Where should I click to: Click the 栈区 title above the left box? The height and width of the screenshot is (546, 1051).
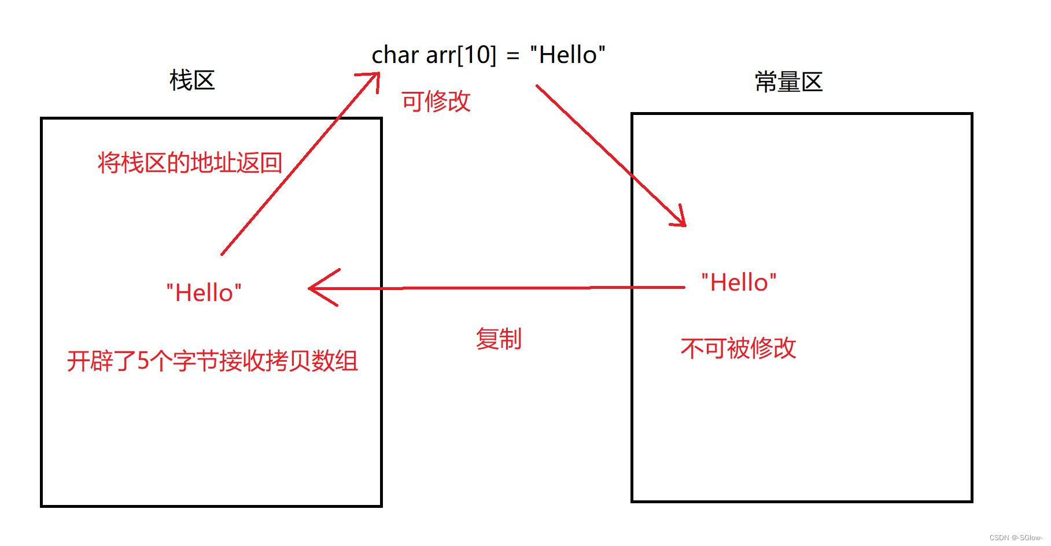192,80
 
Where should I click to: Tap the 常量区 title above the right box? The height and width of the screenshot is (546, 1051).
788,82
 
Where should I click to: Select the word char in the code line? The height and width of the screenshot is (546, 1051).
395,55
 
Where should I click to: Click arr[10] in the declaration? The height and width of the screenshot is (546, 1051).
461,55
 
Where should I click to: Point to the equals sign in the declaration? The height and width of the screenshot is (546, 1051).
512,56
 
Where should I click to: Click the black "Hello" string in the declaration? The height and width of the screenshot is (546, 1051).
567,55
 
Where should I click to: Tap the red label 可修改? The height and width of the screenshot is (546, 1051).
436,102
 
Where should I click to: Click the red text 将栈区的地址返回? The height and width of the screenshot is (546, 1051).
190,163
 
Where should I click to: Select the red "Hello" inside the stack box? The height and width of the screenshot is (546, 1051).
204,293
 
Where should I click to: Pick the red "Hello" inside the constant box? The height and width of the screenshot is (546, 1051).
739,283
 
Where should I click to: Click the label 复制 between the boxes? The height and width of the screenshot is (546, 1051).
499,339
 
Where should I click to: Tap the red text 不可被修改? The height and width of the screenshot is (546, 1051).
738,348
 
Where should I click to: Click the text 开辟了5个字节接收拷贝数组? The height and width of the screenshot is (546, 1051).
212,361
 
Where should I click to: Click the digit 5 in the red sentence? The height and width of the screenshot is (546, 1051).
143,361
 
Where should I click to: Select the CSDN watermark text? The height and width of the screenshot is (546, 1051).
1015,538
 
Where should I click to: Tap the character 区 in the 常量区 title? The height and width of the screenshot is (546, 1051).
812,82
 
